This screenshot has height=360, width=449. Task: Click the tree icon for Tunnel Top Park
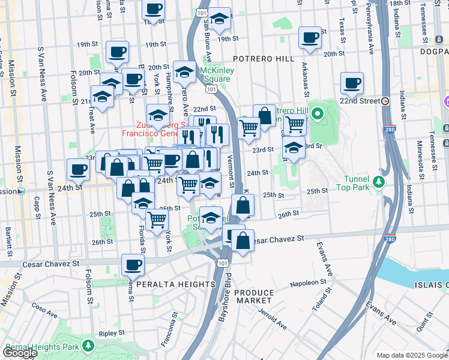click(x=378, y=181)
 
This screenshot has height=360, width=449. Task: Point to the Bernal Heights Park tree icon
click(x=88, y=346)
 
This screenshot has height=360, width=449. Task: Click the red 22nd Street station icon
click(x=385, y=101)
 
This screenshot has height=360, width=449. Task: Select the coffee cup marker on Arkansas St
click(x=310, y=38)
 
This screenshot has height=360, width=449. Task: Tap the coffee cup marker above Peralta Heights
click(x=133, y=264)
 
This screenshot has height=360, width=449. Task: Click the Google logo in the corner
click(x=20, y=353)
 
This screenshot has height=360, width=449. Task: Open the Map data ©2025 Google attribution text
click(x=411, y=355)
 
